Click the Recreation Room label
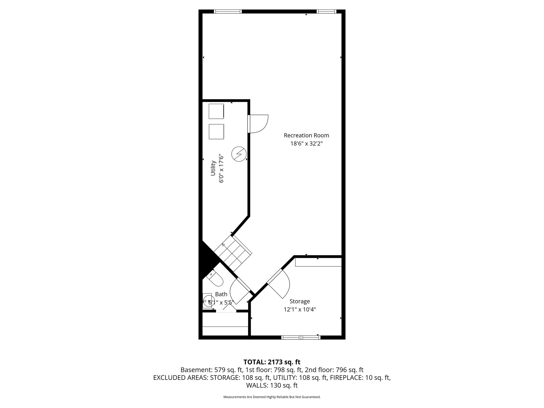[x=306, y=135]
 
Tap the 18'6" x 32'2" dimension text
[x=306, y=144]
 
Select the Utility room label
[x=213, y=168]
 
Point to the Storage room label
[x=300, y=301]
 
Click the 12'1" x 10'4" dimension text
[x=300, y=309]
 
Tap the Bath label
[x=221, y=294]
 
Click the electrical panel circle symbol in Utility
[x=239, y=154]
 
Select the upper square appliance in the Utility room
[x=216, y=111]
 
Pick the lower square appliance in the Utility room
[x=216, y=131]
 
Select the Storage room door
[x=278, y=283]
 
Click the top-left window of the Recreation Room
[x=228, y=11]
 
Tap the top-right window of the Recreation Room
[x=326, y=11]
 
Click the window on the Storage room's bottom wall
[x=301, y=338]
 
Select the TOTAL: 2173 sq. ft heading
[x=272, y=362]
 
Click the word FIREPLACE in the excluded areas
[x=345, y=377]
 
